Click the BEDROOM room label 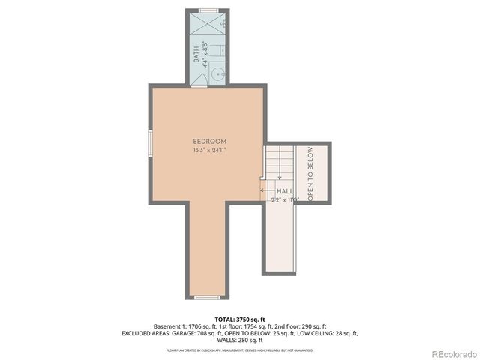209,142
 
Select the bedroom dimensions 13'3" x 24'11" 209,150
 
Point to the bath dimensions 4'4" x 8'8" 204,57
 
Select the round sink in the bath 218,73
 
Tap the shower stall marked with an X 207,22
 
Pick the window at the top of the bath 208,10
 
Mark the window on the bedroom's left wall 150,142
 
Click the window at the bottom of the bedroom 207,298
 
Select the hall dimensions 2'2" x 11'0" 285,199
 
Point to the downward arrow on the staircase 281,160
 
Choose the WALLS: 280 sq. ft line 239,340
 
